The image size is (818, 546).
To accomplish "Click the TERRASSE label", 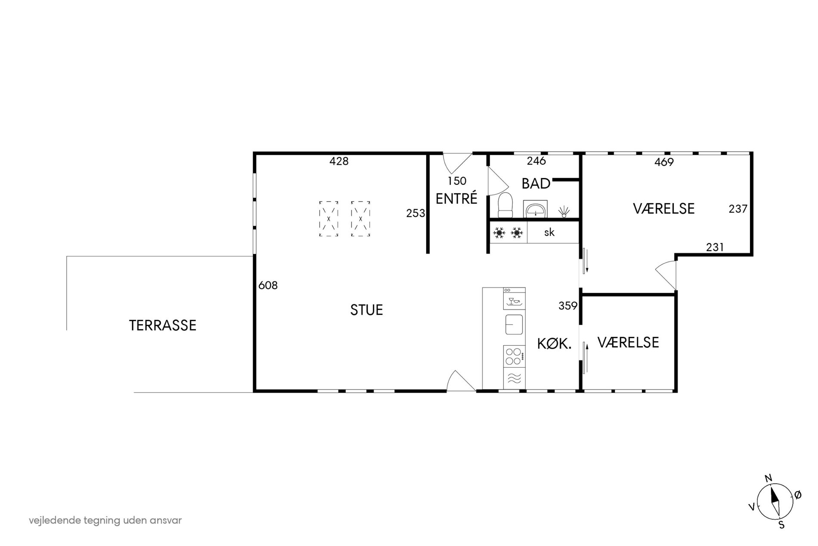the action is tap(163, 325).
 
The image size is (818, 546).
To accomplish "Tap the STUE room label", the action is tap(366, 310).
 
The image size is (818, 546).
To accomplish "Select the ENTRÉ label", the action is tap(456, 199).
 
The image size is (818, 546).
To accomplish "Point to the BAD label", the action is tap(536, 184).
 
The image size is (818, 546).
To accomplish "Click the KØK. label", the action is tap(555, 343).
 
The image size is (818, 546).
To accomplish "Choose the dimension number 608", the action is tap(268, 285).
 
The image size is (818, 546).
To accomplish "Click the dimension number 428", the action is tap(339, 161).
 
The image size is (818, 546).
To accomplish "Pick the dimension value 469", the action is tap(664, 162).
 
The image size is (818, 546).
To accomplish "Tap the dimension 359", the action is tap(568, 306).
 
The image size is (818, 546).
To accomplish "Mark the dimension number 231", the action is tap(715, 247).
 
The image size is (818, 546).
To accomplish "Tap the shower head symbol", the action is tap(564, 211).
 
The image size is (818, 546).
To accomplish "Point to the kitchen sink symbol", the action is tap(514, 324).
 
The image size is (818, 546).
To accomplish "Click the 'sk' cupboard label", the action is tap(549, 232).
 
